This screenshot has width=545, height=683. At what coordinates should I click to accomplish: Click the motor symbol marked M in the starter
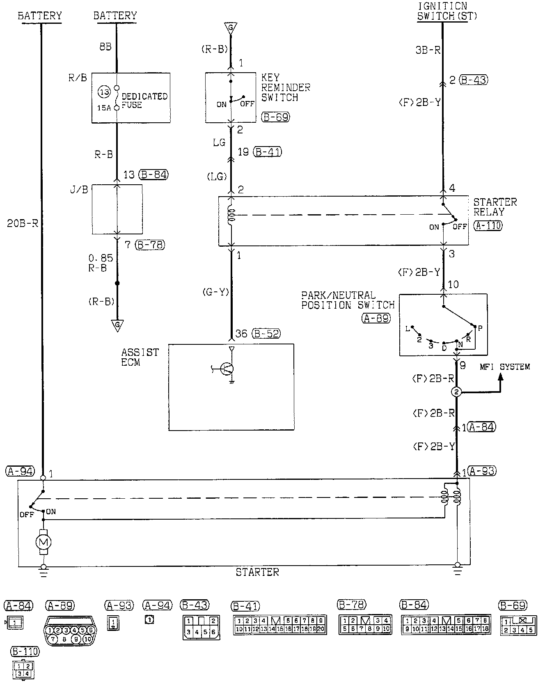point(44,542)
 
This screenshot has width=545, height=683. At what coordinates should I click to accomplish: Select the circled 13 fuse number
point(104,92)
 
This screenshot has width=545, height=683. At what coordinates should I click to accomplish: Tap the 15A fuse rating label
point(104,108)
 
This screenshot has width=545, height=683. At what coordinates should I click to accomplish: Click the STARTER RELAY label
point(495,207)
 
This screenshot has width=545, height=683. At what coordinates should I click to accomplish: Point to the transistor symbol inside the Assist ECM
point(227,369)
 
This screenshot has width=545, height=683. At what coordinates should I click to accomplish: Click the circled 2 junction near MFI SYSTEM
point(456,392)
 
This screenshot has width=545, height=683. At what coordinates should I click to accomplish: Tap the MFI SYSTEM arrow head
point(500,377)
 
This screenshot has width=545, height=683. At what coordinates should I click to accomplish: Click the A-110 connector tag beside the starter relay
point(488,225)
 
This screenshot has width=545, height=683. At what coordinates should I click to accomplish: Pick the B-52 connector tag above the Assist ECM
point(266,334)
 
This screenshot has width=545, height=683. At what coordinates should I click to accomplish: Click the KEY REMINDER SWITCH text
point(286,87)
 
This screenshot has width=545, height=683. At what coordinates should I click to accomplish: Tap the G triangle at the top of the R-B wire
point(230,28)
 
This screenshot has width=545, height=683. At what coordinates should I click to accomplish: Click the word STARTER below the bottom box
point(257,572)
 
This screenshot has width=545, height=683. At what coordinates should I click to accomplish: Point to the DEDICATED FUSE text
point(144,101)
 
